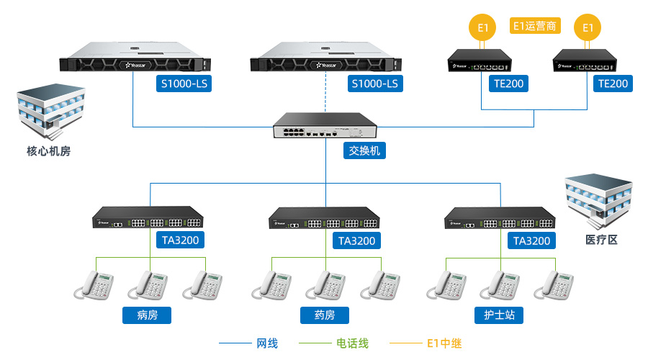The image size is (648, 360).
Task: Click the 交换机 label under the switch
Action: pyautogui.click(x=364, y=150)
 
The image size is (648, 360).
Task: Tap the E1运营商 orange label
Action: pyautogui.click(x=535, y=26)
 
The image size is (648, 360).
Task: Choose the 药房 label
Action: pyautogui.click(x=325, y=315)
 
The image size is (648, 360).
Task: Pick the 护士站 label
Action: pyautogui.click(x=499, y=315)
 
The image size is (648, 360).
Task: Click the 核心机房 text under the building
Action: pyautogui.click(x=49, y=151)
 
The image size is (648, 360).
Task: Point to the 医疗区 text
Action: pyautogui.click(x=601, y=240)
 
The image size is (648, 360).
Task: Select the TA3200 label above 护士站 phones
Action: pyautogui.click(x=531, y=240)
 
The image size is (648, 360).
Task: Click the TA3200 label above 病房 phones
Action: pyautogui.click(x=179, y=240)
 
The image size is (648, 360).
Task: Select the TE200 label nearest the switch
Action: pyautogui.click(x=508, y=84)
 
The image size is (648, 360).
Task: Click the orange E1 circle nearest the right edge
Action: pyautogui.click(x=588, y=28)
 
